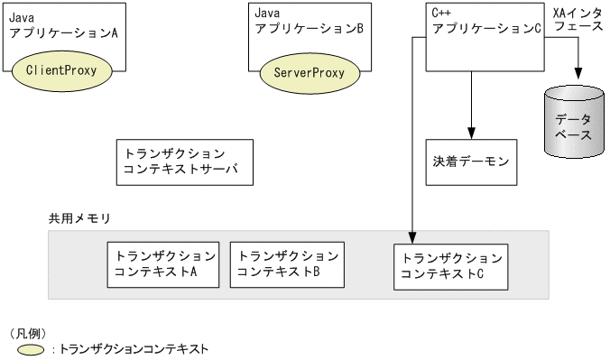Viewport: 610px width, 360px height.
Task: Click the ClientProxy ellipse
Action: (62, 69)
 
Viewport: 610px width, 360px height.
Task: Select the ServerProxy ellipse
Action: (302, 73)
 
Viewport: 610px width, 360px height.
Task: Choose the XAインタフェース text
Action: (578, 20)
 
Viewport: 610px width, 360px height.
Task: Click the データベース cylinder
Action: (573, 126)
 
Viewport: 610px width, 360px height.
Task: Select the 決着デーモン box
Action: (470, 163)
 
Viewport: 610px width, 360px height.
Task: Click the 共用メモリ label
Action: (79, 219)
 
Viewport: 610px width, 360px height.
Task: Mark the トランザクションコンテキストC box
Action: (451, 265)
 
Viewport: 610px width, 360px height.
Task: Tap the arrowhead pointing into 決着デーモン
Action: (470, 134)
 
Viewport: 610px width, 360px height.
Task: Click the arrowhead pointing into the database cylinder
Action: (573, 81)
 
